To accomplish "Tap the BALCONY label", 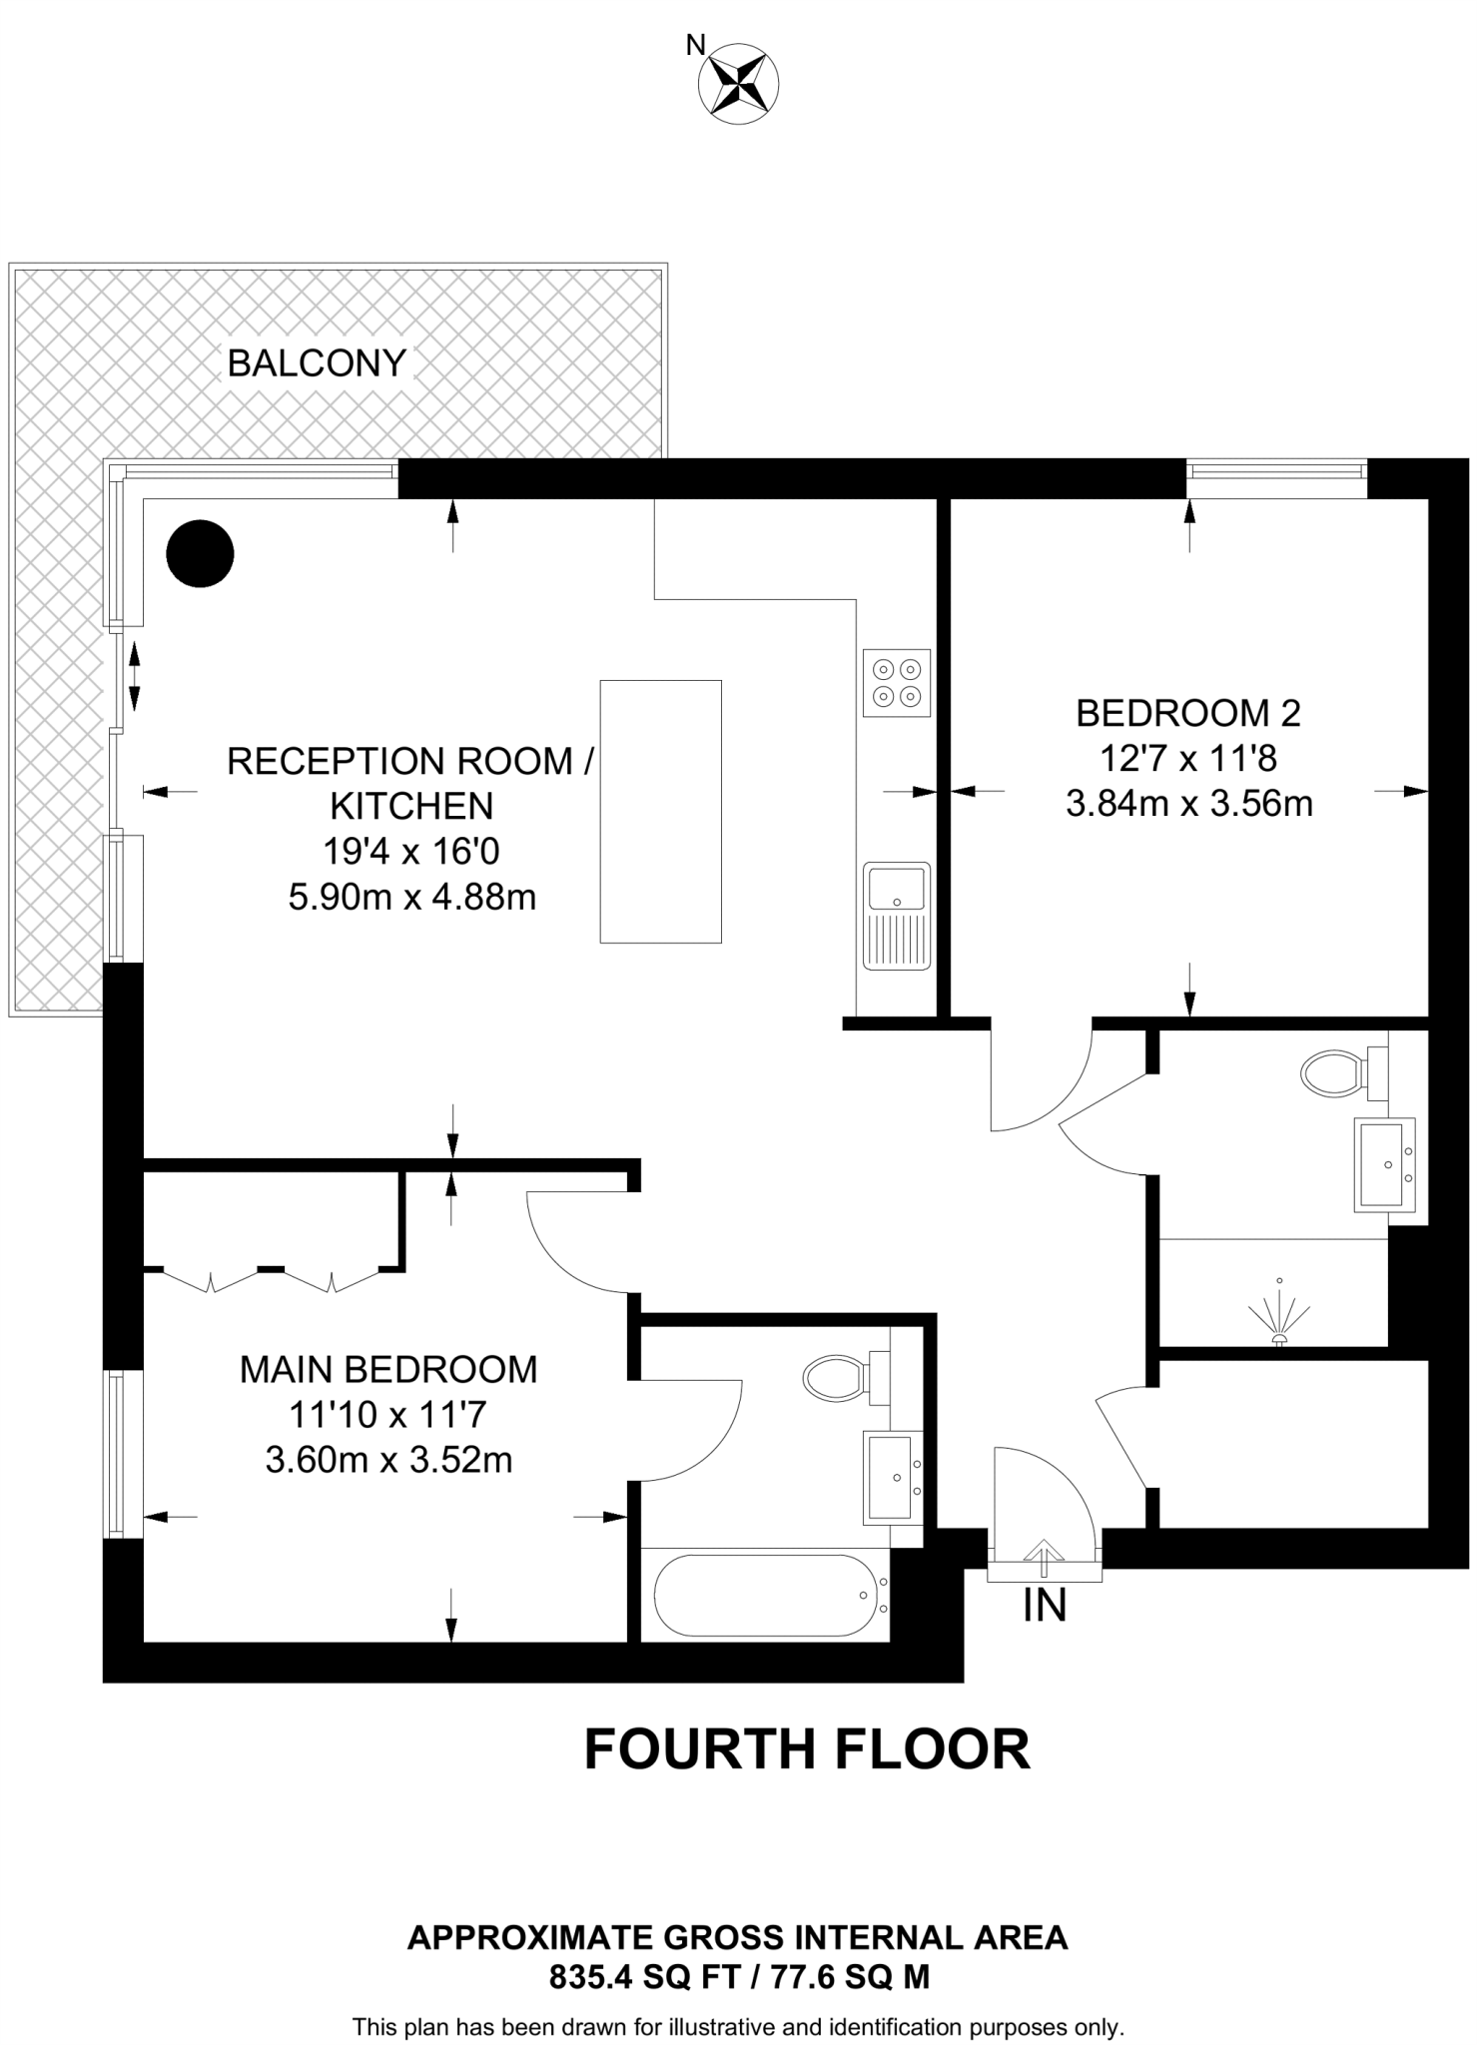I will pyautogui.click(x=317, y=362).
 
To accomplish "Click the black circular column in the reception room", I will pyautogui.click(x=200, y=553).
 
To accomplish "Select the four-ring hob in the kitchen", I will pyautogui.click(x=896, y=683).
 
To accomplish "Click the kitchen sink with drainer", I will pyautogui.click(x=896, y=916).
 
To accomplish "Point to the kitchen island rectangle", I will pyautogui.click(x=660, y=811).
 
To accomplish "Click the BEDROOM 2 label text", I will pyautogui.click(x=1187, y=713).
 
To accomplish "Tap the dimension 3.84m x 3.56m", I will pyautogui.click(x=1188, y=803).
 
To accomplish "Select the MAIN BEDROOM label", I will pyautogui.click(x=388, y=1369).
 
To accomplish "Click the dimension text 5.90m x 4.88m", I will pyautogui.click(x=411, y=898).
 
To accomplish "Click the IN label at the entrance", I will pyautogui.click(x=1045, y=1605).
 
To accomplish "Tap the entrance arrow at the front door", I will pyautogui.click(x=1045, y=1557).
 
